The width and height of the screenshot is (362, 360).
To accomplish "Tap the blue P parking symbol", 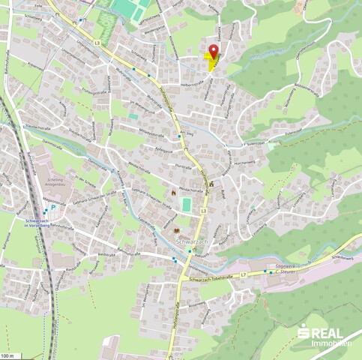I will [52, 207].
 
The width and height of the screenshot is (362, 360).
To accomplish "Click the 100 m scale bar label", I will [7, 355].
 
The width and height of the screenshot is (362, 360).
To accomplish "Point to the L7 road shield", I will [244, 275].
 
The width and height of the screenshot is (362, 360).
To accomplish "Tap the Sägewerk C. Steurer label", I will [283, 269].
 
